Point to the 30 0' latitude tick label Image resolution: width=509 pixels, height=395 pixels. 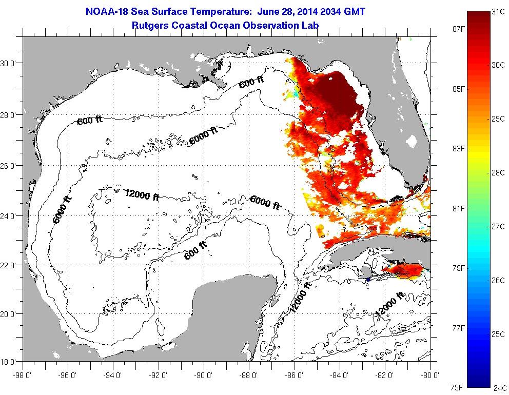tap(9, 64)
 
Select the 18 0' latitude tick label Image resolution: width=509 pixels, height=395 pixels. tap(9, 362)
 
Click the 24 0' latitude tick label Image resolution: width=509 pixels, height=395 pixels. tap(9, 216)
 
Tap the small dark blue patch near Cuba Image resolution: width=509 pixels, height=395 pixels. tap(368, 279)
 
